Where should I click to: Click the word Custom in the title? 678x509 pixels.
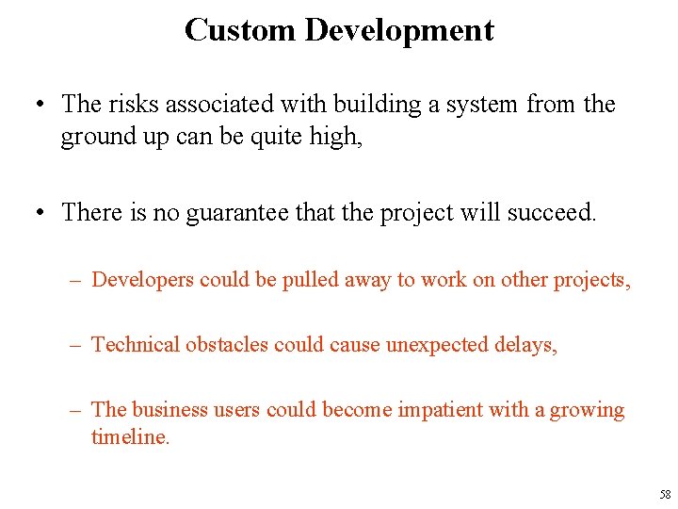[x=240, y=30]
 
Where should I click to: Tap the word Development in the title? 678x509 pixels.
[x=398, y=30]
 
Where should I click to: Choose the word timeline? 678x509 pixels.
[x=130, y=437]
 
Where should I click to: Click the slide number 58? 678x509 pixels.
[x=665, y=494]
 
